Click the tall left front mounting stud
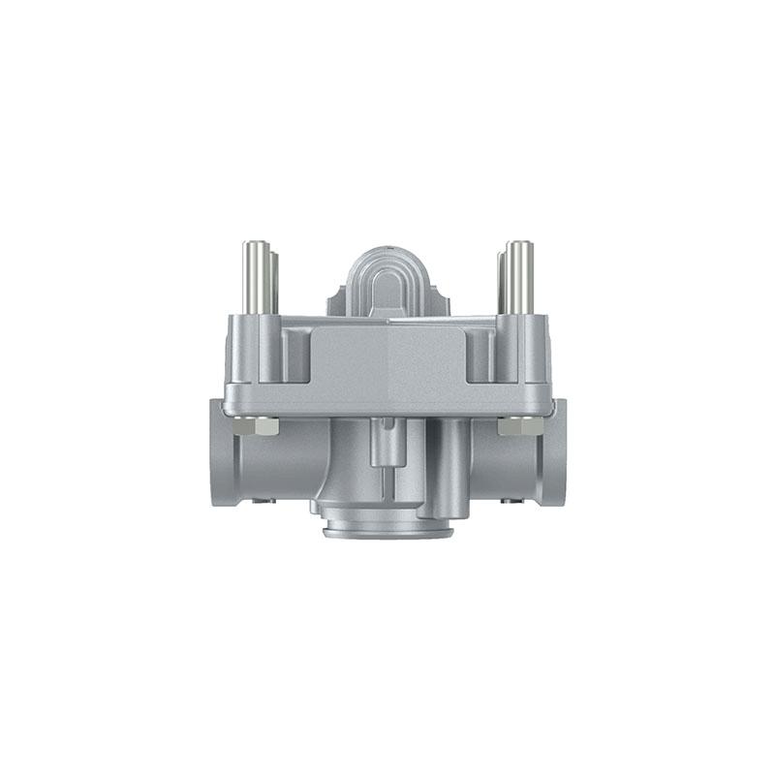[x=255, y=276]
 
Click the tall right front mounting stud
[x=520, y=276]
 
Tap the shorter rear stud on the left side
[x=274, y=281]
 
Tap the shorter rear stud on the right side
[x=501, y=281]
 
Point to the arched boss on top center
[x=387, y=281]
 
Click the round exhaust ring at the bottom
[x=387, y=528]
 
